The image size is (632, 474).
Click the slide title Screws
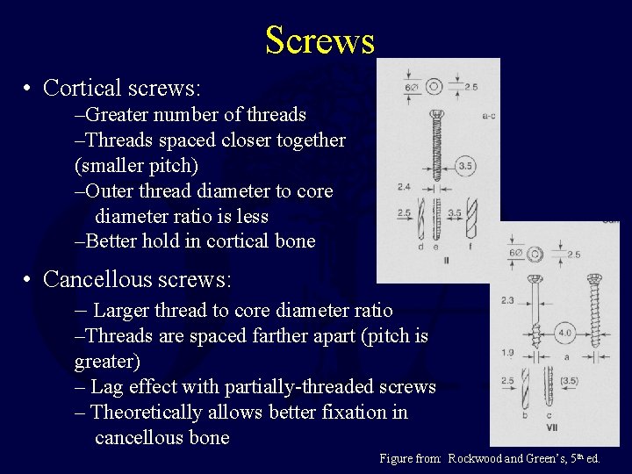click(320, 40)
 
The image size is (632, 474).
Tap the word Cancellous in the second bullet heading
click(96, 279)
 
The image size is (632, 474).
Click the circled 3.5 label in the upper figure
click(467, 165)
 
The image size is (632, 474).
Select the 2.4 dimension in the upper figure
click(403, 187)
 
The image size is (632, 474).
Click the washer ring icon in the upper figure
click(434, 87)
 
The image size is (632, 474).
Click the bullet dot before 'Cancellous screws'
click(29, 280)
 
